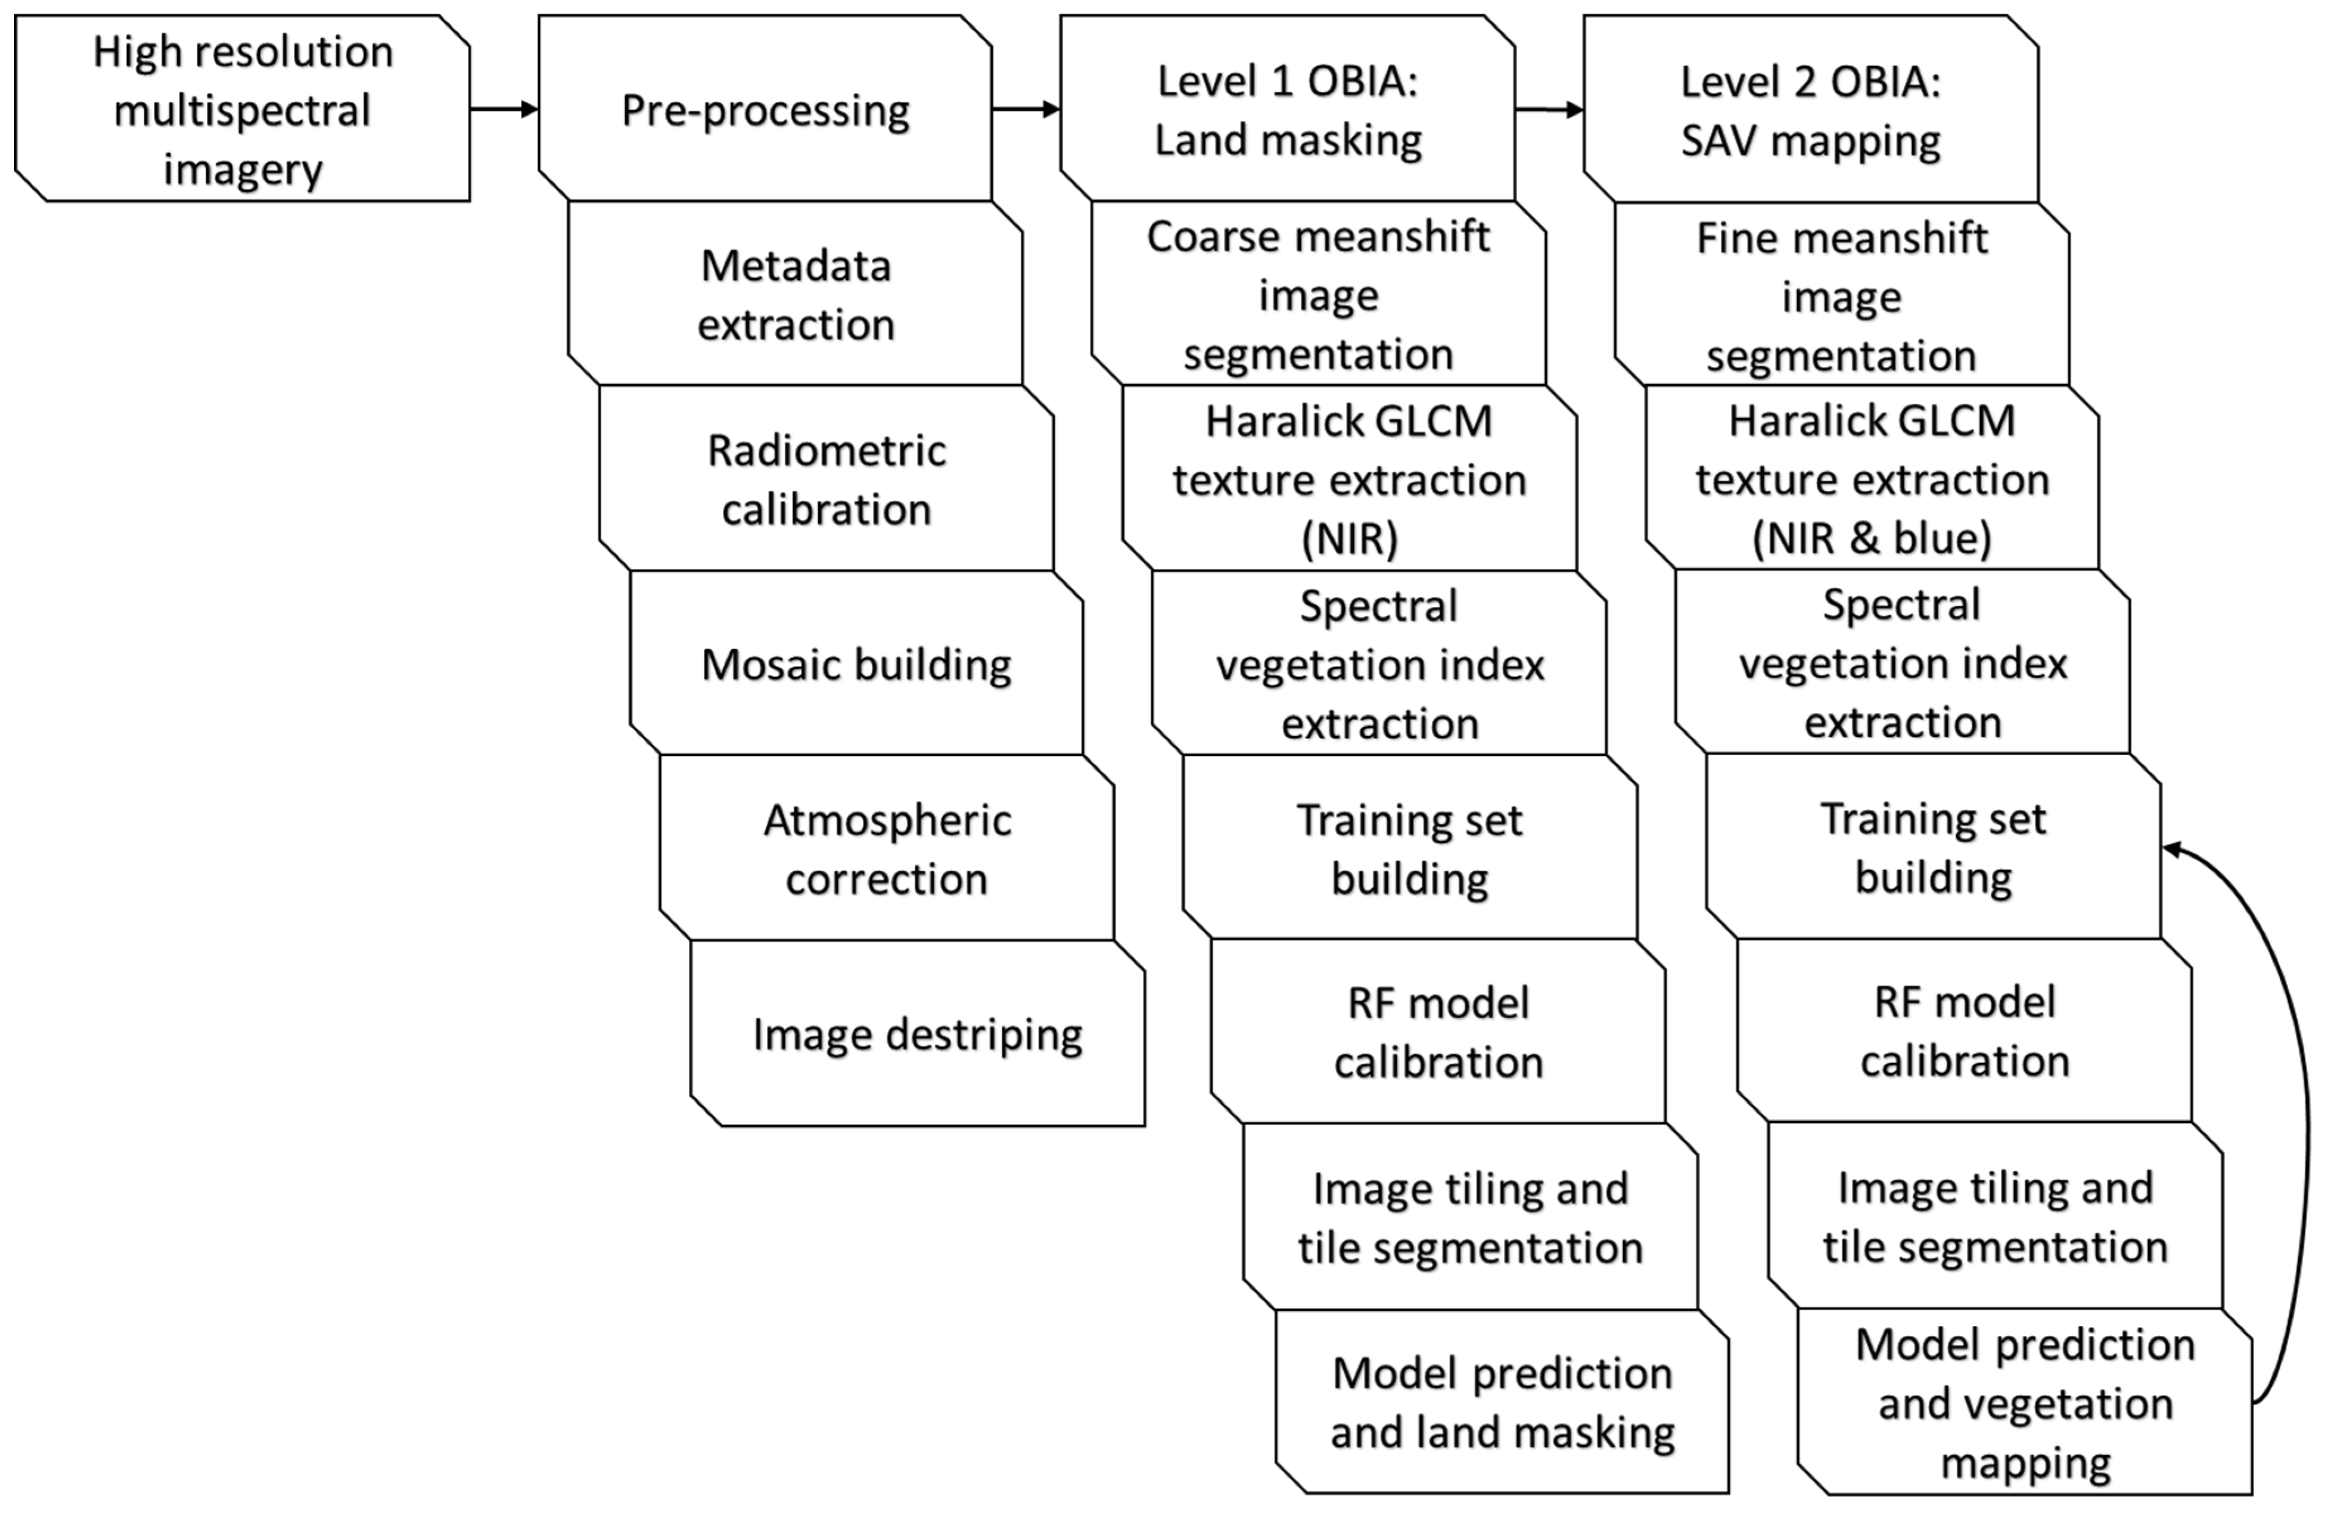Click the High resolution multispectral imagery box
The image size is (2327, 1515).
point(243,108)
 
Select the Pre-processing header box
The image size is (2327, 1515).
point(765,108)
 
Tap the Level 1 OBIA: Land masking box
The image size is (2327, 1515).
point(1288,108)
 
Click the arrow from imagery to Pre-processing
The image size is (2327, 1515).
point(503,108)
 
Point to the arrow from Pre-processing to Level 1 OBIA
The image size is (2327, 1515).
point(1026,108)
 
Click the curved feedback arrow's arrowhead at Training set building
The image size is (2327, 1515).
point(2172,849)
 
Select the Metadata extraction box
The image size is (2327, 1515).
point(796,294)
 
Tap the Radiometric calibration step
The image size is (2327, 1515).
point(826,479)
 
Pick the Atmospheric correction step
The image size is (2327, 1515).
point(887,849)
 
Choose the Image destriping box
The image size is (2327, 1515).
point(917,1034)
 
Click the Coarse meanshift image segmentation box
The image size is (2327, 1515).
point(1318,294)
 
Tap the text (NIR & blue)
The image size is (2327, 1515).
point(1872,538)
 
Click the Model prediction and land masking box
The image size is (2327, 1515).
point(1502,1403)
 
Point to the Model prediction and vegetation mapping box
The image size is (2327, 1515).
point(2025,1403)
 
